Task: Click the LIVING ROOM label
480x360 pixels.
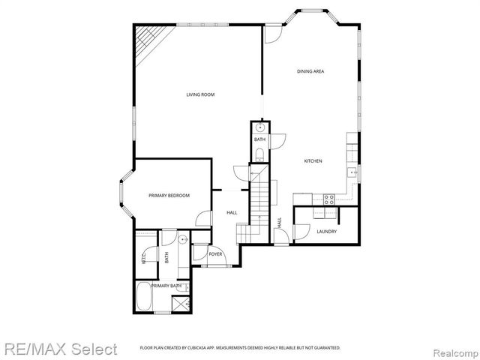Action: (x=201, y=94)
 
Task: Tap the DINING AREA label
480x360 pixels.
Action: (x=310, y=71)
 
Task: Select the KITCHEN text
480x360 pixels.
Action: (x=313, y=162)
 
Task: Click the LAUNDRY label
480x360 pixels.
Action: (x=326, y=231)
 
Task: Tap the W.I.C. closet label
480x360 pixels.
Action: (x=143, y=257)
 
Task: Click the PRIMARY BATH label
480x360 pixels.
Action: (x=166, y=286)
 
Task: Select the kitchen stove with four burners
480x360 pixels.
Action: (x=328, y=199)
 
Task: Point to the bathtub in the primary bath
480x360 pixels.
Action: (x=144, y=298)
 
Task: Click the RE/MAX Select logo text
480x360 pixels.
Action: (x=59, y=349)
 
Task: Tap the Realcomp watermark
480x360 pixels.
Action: (x=454, y=349)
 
